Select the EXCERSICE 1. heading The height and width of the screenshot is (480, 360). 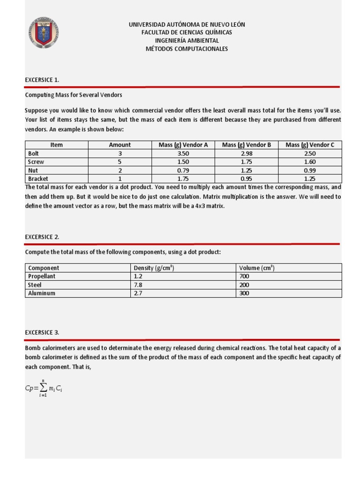coord(42,80)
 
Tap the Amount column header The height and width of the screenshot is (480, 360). coord(120,145)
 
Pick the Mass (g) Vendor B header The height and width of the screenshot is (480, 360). coord(246,145)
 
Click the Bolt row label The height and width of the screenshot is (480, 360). coord(34,153)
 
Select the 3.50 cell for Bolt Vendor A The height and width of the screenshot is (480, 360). coord(183,153)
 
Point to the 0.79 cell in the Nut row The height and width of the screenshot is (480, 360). coord(183,170)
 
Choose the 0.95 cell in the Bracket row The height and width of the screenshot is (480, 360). coord(246,179)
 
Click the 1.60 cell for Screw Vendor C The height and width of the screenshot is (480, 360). coord(310,162)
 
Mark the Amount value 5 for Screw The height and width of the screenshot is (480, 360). coord(120,162)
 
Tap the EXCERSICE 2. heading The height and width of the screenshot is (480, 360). coord(42,237)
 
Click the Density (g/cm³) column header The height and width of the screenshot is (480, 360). coord(154,268)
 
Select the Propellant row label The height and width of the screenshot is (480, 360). coord(42,277)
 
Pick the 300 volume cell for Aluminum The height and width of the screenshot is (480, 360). coord(244,293)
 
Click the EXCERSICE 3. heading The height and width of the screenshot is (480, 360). coord(42,332)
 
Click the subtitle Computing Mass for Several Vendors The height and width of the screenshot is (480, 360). coord(74,95)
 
